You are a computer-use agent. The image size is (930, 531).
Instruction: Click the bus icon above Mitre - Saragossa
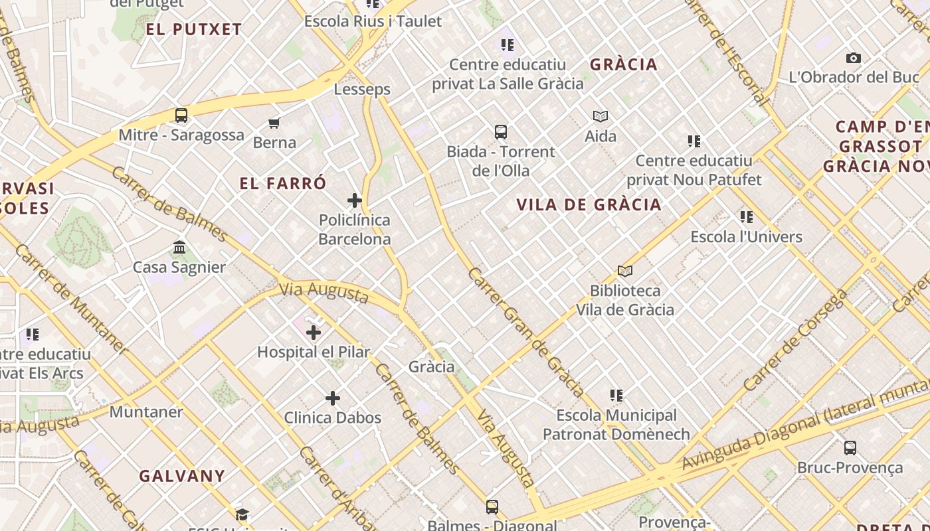coord(181,115)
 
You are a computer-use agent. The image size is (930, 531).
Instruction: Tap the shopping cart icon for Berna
coord(274,123)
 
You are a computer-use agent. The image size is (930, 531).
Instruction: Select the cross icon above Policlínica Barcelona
coord(355,200)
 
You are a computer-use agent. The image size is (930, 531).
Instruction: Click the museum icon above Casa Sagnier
coord(179,248)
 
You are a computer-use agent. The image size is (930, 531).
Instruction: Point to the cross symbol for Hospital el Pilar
coord(314,333)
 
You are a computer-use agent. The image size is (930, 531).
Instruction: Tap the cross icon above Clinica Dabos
coord(333,398)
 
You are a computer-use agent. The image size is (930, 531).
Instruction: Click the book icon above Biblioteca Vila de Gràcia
coord(625,271)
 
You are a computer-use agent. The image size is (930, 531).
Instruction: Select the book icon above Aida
coord(601,117)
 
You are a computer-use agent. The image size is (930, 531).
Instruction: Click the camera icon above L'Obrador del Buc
coord(854,58)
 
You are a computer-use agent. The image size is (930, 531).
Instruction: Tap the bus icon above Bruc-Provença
coord(850,447)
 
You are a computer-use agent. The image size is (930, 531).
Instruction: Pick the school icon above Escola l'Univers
coord(747,217)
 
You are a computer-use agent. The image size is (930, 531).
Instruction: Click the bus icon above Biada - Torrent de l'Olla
coord(501,132)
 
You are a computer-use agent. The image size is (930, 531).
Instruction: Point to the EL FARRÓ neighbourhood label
coord(283,184)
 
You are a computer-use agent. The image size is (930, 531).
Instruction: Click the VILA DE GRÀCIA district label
coord(589,204)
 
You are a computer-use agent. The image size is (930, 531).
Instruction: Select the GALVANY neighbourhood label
coord(182,476)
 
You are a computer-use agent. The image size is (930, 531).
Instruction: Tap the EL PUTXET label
coord(194,29)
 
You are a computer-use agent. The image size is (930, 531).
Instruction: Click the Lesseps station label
coord(362,89)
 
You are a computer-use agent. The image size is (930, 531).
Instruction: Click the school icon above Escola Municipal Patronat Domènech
coord(616,396)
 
